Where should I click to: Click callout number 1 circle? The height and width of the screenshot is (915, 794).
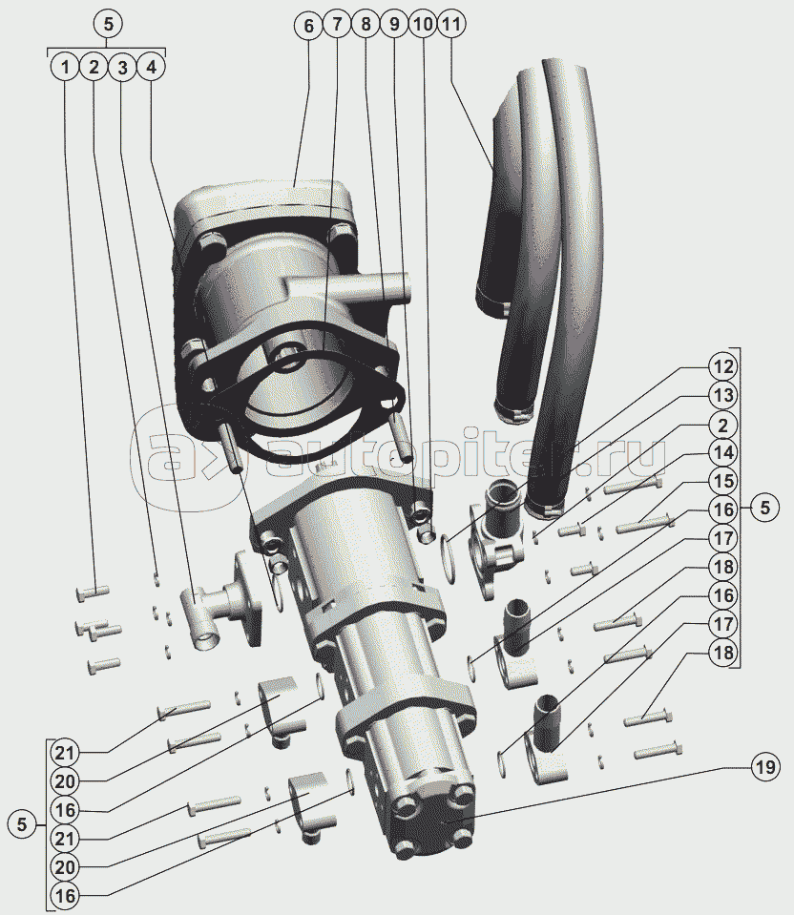(x=66, y=67)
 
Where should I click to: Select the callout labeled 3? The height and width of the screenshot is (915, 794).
(x=122, y=67)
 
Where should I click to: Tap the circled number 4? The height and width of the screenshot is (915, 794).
(x=151, y=67)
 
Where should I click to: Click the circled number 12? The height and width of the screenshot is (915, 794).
(x=722, y=366)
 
